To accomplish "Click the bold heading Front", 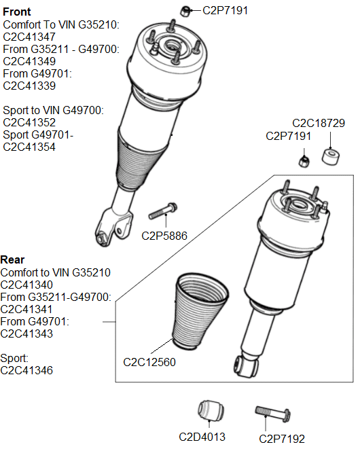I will click(x=17, y=12).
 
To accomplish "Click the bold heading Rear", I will click(x=13, y=259).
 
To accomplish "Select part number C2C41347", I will click(x=29, y=37).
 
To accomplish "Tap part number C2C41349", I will click(x=29, y=61).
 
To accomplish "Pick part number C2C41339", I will click(x=29, y=86).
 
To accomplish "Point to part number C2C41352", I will click(x=29, y=122).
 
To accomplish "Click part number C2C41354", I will click(x=29, y=147).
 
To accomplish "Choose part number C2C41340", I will click(x=26, y=284).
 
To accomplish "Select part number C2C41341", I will click(x=26, y=309).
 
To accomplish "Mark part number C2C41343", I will click(x=26, y=333).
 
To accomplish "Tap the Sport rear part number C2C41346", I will click(x=26, y=370).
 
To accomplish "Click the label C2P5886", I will click(x=164, y=236).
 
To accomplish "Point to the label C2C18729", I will click(x=319, y=124).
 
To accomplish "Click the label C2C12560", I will click(x=149, y=362).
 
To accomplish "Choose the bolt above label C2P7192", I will click(x=273, y=414).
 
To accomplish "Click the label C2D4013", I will click(x=202, y=437).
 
